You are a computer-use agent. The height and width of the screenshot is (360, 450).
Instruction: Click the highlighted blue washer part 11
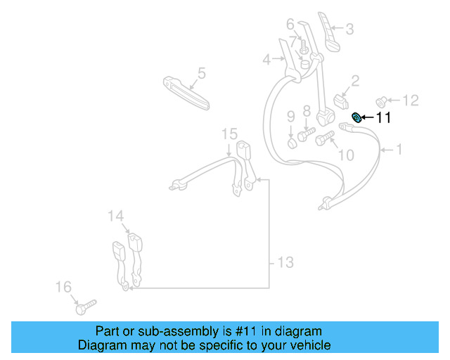click(356, 117)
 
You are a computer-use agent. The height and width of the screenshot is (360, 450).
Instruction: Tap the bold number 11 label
click(383, 118)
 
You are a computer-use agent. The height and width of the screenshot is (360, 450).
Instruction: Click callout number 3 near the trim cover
click(349, 30)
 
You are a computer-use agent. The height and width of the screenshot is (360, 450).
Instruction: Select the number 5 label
click(201, 72)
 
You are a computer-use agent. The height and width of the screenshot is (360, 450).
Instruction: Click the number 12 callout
click(411, 100)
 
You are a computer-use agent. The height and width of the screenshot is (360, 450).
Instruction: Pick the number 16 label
click(63, 287)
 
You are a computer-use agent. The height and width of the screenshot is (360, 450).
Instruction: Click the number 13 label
click(284, 263)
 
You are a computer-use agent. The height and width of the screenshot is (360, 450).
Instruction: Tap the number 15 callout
click(230, 134)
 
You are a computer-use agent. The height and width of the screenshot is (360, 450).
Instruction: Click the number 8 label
click(307, 110)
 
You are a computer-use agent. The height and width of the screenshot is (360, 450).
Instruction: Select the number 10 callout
click(346, 154)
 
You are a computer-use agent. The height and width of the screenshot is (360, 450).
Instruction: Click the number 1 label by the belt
click(399, 149)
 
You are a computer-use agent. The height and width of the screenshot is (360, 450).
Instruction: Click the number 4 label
click(266, 60)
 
